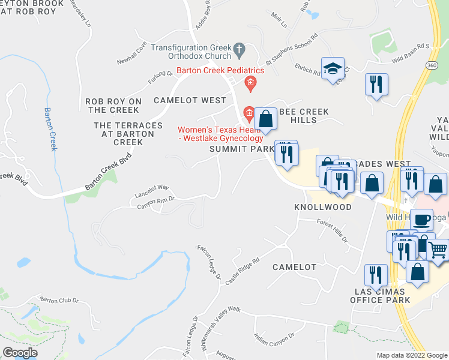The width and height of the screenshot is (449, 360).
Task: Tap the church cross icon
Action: [239, 48]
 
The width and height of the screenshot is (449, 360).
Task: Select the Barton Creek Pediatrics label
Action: [220, 70]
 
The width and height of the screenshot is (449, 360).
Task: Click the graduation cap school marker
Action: [332, 69]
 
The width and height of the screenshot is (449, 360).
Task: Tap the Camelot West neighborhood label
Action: [190, 100]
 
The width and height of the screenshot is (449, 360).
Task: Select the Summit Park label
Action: [238, 149]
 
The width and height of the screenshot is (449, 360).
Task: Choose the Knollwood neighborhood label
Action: [322, 206]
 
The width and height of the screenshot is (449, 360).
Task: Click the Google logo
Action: [20, 353]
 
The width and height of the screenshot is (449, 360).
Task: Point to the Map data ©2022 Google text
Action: [412, 355]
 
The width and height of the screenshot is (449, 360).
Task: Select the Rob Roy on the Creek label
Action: [113, 106]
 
